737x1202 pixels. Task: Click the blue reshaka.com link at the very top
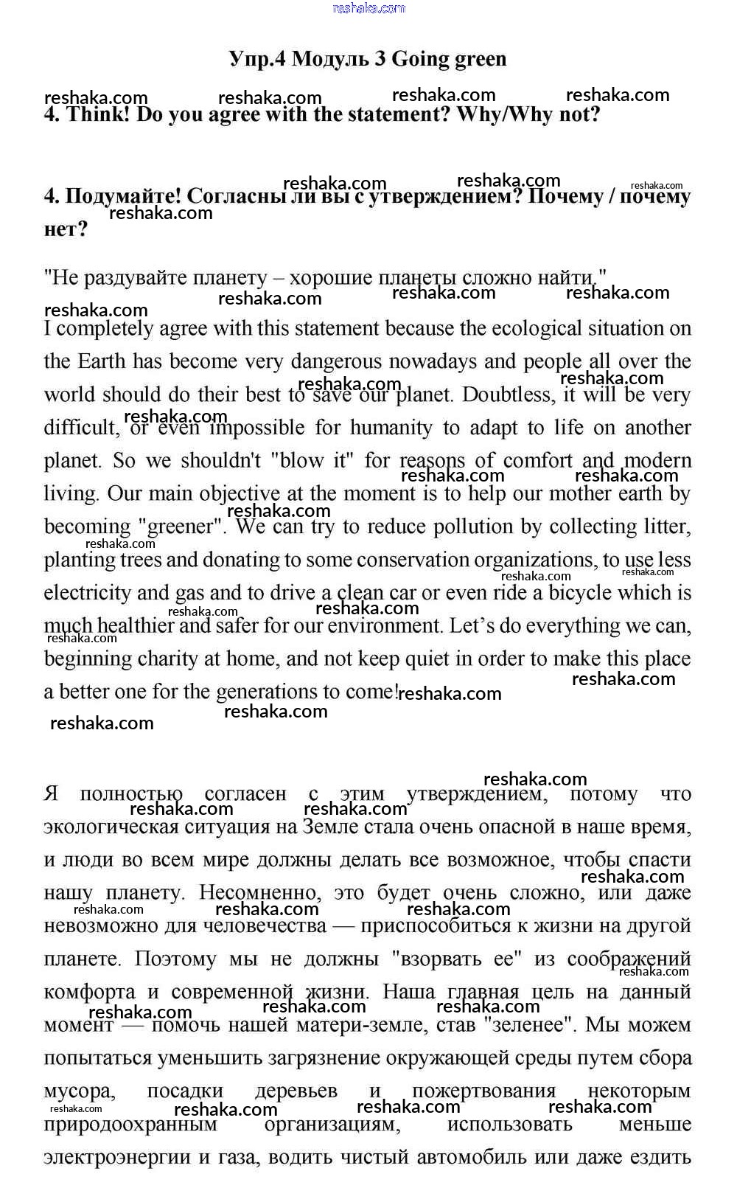click(x=368, y=8)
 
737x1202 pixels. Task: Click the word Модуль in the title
click(x=331, y=59)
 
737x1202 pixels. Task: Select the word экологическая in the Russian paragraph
click(x=115, y=827)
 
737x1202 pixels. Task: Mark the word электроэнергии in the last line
click(x=117, y=1158)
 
